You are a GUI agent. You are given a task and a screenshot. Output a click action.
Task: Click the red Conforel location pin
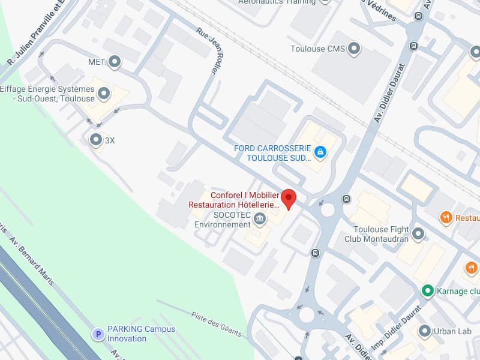(x=289, y=199)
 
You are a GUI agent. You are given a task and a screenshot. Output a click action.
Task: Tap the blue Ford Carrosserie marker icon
(x=320, y=152)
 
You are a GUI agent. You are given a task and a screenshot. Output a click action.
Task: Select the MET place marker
(x=114, y=61)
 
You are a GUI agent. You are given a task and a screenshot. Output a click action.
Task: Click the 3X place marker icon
(x=96, y=140)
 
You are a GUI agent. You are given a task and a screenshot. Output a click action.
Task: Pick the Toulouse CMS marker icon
(x=354, y=49)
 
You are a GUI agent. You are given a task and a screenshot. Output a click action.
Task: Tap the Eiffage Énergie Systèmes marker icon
(x=104, y=94)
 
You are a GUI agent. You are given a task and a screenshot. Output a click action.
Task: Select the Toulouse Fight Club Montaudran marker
(x=418, y=233)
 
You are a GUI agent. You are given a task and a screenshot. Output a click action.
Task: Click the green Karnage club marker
(x=427, y=291)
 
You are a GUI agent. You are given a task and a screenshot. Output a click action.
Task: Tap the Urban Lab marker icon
(x=425, y=331)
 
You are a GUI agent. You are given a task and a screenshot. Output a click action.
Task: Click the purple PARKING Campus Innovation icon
(x=97, y=334)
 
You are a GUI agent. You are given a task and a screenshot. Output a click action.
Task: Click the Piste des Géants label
(x=216, y=324)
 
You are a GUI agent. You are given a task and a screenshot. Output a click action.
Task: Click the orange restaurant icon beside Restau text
(x=446, y=218)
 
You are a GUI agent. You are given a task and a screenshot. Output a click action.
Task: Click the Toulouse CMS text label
(x=317, y=49)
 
